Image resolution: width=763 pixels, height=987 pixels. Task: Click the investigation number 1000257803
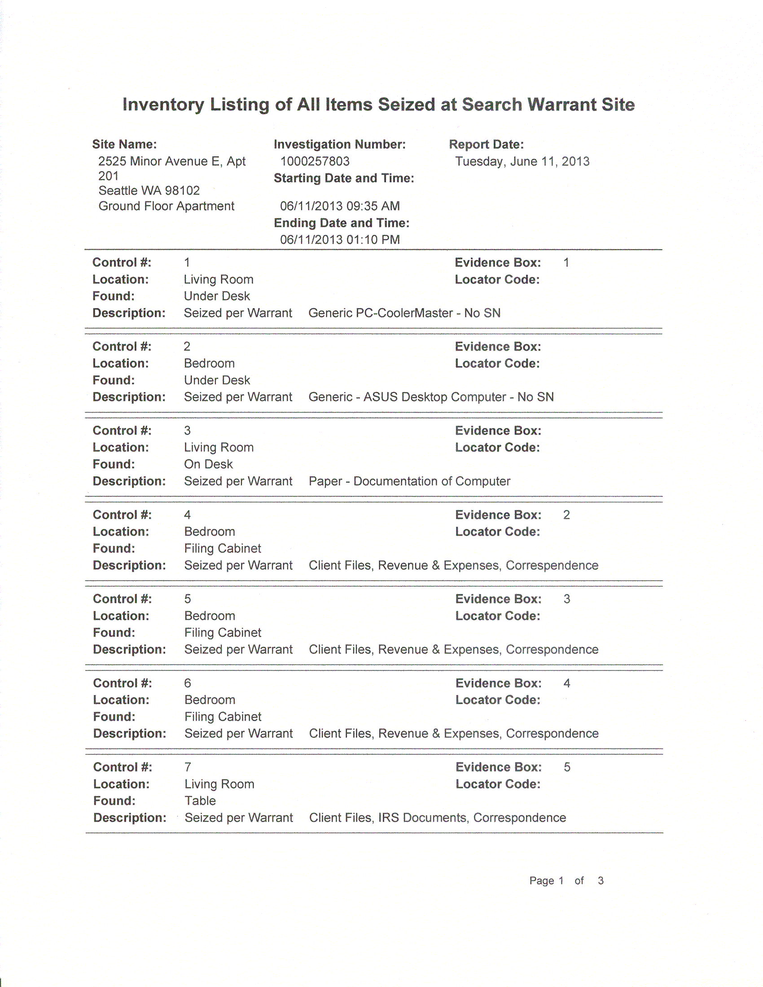[x=315, y=161]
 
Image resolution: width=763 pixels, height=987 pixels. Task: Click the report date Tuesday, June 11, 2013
[x=522, y=161]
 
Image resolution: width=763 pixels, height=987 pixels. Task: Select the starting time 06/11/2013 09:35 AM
[x=340, y=206]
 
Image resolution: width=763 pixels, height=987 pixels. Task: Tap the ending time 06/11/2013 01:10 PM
[x=340, y=239]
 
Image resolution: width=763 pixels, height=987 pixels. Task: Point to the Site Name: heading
[x=124, y=144]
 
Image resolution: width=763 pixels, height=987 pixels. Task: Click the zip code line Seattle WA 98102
[x=149, y=191]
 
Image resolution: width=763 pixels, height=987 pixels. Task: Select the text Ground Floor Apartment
[x=166, y=206]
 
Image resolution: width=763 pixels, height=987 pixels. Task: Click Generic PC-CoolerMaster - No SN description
[x=404, y=313]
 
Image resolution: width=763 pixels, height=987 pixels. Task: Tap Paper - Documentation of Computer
[x=409, y=481]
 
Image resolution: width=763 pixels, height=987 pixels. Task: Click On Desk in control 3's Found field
[x=208, y=464]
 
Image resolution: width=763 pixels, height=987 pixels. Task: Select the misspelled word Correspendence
[x=552, y=565]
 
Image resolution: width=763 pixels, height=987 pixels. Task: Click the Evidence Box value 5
[x=567, y=767]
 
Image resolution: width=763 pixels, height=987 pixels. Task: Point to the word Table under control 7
[x=200, y=801]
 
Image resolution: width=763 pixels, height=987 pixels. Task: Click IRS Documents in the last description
[x=422, y=818]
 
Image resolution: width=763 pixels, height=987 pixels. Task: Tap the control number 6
[x=188, y=683]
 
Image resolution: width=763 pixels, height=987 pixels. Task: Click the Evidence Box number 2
[x=566, y=515]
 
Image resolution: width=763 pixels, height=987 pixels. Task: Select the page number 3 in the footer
[x=601, y=880]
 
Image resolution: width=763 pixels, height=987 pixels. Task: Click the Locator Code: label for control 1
[x=497, y=279]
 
